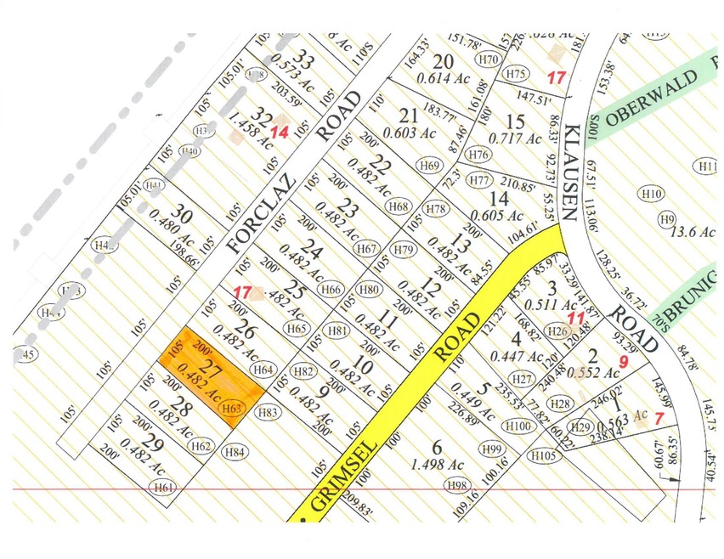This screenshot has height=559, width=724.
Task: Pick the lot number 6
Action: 438,447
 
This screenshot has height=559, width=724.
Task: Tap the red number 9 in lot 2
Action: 624,361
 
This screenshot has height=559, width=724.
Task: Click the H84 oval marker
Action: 235,452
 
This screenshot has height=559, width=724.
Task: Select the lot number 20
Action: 443,61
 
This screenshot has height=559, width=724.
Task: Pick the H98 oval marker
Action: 458,484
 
